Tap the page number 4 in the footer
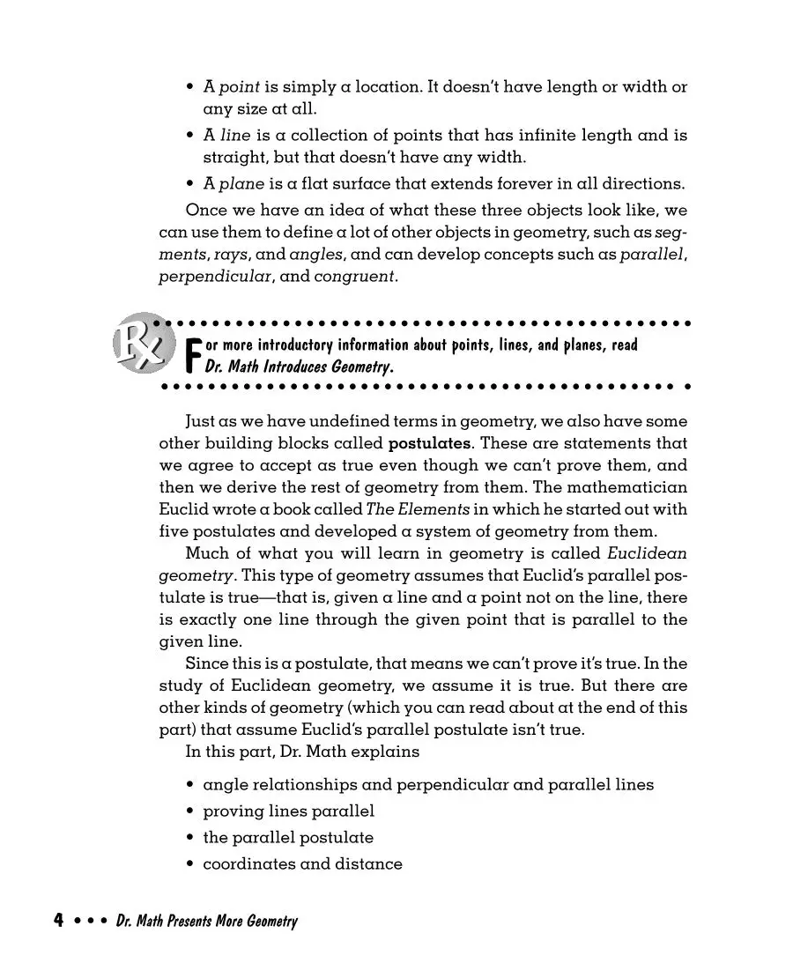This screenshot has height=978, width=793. click(58, 922)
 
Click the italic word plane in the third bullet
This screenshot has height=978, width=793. click(241, 184)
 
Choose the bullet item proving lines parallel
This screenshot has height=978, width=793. click(288, 811)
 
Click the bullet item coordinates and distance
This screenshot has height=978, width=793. click(302, 863)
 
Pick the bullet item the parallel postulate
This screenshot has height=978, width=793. click(288, 837)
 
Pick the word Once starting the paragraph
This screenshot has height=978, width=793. click(205, 211)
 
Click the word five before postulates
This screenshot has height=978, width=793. click(174, 531)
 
